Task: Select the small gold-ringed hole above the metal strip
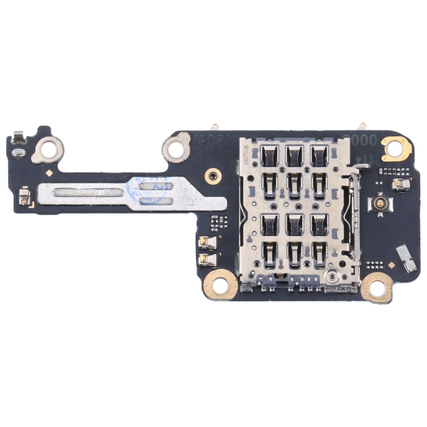(x=213, y=174)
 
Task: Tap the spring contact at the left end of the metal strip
(x=24, y=198)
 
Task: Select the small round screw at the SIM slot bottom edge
(x=330, y=278)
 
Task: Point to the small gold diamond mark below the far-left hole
(x=51, y=172)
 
